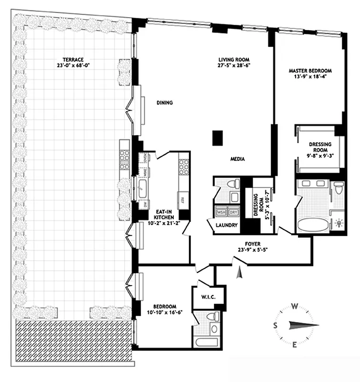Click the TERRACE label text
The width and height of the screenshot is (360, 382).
tap(70, 60)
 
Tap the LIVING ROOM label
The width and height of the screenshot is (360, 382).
tap(232, 60)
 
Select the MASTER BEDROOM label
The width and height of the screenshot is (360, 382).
tap(310, 71)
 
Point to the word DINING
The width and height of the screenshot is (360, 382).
tap(164, 103)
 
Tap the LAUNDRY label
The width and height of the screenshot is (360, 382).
tap(226, 224)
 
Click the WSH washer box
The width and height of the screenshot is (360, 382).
tap(221, 213)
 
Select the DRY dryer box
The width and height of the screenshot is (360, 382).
tap(233, 213)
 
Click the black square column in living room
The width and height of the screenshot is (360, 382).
tap(218, 138)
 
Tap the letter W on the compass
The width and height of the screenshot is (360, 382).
tap(296, 307)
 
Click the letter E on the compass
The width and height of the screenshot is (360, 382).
tap(295, 345)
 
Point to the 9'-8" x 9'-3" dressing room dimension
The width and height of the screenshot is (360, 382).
tap(317, 155)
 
